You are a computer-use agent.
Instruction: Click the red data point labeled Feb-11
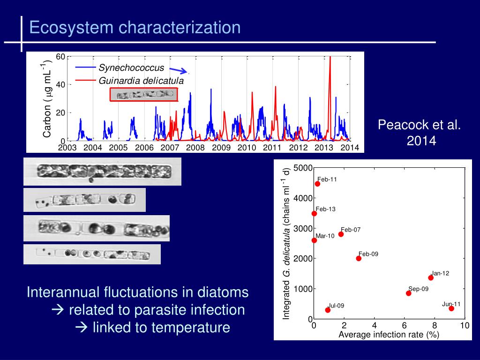(317, 184)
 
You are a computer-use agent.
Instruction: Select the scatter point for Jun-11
(451, 308)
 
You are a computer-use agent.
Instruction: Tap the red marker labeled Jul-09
(328, 310)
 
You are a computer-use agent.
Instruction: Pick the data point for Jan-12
(431, 277)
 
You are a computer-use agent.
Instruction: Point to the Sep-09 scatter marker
(408, 293)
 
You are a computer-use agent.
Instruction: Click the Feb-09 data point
(359, 258)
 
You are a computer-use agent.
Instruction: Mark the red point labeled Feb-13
(314, 213)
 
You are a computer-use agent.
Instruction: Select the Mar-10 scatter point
(314, 240)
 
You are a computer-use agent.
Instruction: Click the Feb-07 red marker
(341, 234)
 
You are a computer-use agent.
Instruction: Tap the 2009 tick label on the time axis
(221, 148)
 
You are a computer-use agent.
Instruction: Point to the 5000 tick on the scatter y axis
(303, 168)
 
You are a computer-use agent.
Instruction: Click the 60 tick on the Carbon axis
(60, 57)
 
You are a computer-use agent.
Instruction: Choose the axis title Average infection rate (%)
(389, 334)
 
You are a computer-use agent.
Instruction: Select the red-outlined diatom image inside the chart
(144, 95)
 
